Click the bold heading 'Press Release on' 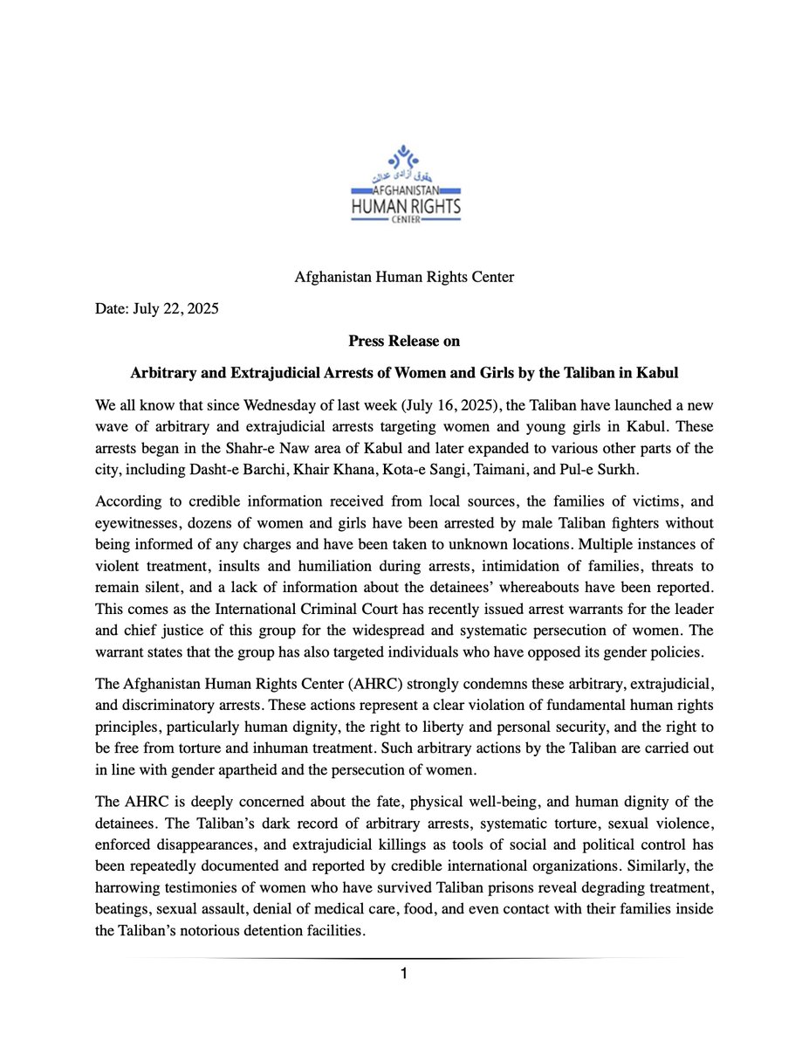(x=404, y=341)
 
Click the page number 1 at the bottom (x=404, y=973)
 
